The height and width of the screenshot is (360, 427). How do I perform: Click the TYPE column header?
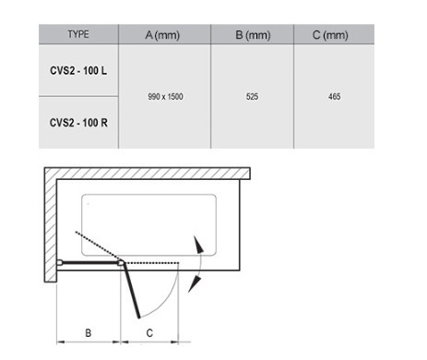(78, 34)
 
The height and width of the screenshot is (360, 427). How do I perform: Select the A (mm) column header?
(162, 35)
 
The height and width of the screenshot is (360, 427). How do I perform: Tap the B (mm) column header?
(253, 35)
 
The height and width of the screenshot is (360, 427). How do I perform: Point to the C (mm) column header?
(330, 35)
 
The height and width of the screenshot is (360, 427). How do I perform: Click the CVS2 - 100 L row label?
(78, 71)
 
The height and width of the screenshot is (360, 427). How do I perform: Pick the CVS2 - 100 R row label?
(78, 123)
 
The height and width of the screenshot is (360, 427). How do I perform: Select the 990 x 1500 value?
(165, 97)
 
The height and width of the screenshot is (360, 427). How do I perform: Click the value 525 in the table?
(252, 97)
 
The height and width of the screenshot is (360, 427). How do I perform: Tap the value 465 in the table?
(335, 97)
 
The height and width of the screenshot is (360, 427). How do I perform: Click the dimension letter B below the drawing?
(89, 333)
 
